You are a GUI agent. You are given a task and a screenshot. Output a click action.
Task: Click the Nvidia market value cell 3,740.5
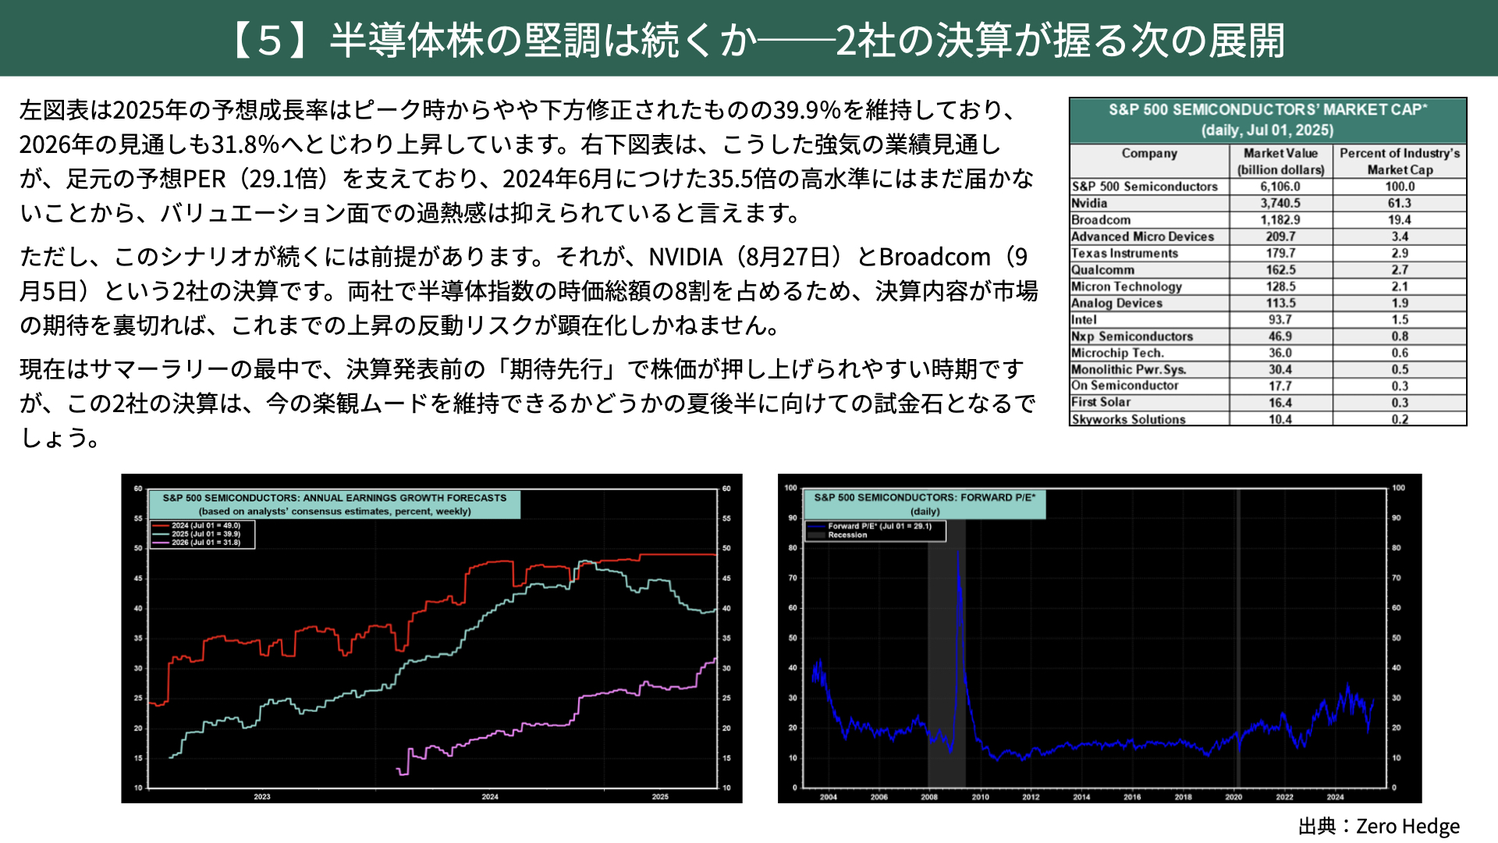point(1280,203)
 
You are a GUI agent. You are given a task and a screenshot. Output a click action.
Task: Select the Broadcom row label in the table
point(1101,220)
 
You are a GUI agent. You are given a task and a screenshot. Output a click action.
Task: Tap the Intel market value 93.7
point(1280,319)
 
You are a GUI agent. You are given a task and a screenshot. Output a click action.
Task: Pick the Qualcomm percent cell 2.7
point(1400,269)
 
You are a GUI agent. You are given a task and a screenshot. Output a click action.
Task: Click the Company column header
point(1149,154)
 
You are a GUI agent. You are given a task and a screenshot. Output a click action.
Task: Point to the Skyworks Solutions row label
point(1128,419)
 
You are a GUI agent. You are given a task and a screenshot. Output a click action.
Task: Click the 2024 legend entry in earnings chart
point(206,526)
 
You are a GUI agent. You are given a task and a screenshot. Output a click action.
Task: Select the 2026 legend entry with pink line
point(206,542)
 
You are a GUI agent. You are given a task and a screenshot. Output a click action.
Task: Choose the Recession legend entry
point(847,535)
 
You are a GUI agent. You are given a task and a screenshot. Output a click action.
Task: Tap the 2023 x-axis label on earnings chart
point(262,797)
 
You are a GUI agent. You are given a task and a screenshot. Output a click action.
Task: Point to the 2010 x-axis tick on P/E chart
point(980,797)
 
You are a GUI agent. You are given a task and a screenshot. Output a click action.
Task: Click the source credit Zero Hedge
point(1407,826)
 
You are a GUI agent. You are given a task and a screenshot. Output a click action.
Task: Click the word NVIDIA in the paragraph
point(686,257)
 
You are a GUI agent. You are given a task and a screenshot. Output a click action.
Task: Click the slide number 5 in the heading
point(269,41)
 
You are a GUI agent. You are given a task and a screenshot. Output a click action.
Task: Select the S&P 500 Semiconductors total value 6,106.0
point(1280,187)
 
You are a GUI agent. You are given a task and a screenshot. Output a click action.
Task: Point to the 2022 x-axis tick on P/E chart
point(1284,797)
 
